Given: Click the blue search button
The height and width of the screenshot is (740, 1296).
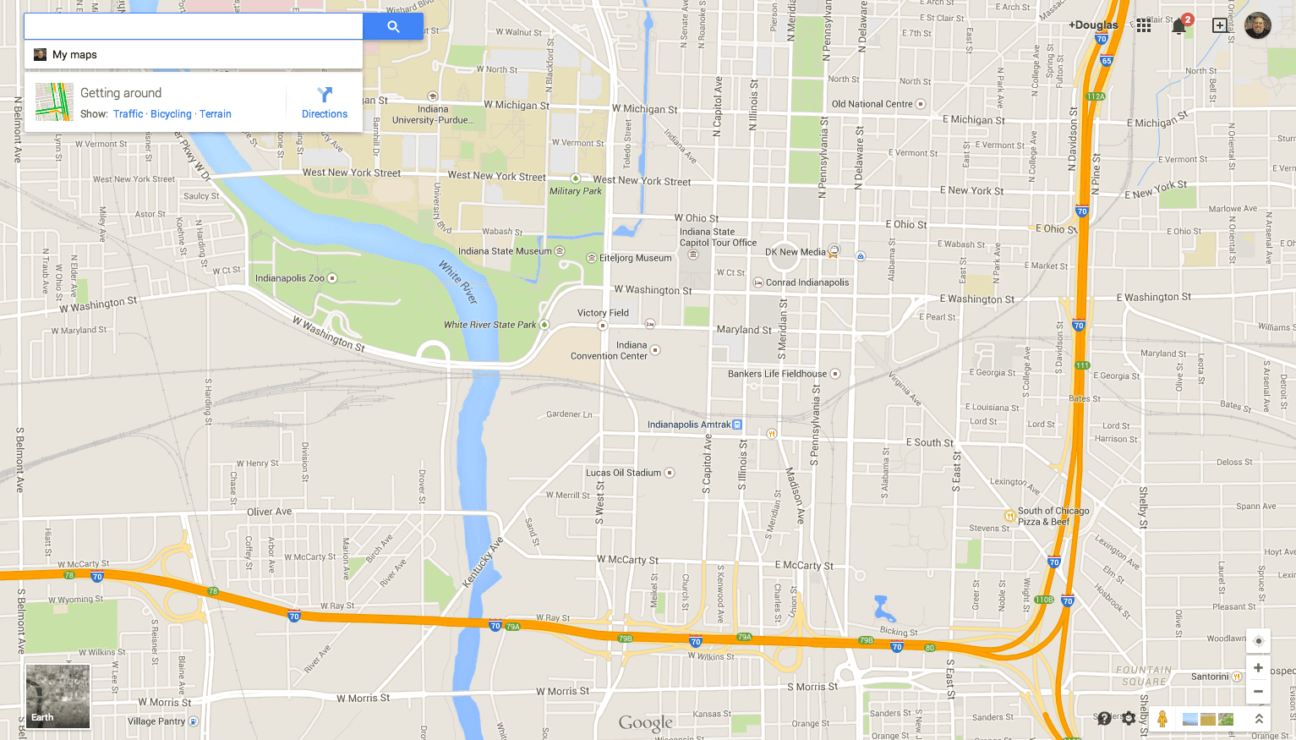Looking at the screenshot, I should click(393, 26).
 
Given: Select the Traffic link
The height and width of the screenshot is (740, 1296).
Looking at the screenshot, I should click(128, 114).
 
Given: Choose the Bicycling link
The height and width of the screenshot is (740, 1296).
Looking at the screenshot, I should click(171, 114).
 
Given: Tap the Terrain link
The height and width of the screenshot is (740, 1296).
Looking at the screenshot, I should click(216, 114).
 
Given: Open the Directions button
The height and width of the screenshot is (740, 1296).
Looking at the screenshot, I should click(325, 102).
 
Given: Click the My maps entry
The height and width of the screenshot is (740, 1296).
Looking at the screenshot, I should click(74, 55).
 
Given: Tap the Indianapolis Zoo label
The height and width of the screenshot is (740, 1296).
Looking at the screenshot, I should click(290, 278).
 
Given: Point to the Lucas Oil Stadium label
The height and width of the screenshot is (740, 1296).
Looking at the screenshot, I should click(624, 473).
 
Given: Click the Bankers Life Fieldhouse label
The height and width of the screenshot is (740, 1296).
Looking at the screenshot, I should click(778, 374).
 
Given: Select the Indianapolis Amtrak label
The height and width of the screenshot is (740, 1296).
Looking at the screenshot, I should click(689, 425).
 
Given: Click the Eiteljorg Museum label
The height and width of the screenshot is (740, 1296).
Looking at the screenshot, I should click(635, 258).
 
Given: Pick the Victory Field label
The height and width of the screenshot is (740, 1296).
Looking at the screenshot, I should click(603, 313).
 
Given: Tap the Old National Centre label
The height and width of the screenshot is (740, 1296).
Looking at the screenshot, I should click(872, 104).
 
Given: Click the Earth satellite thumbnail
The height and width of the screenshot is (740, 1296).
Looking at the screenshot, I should click(57, 696).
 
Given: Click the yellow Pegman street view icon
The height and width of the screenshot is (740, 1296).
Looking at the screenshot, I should click(1162, 719).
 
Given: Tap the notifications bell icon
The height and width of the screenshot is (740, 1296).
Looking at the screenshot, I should click(1178, 26).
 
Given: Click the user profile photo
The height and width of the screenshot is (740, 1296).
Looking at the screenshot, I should click(1257, 25).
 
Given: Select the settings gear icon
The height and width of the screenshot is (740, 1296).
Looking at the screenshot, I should click(1129, 719).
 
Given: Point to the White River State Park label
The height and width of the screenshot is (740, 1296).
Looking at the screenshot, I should click(490, 325).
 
